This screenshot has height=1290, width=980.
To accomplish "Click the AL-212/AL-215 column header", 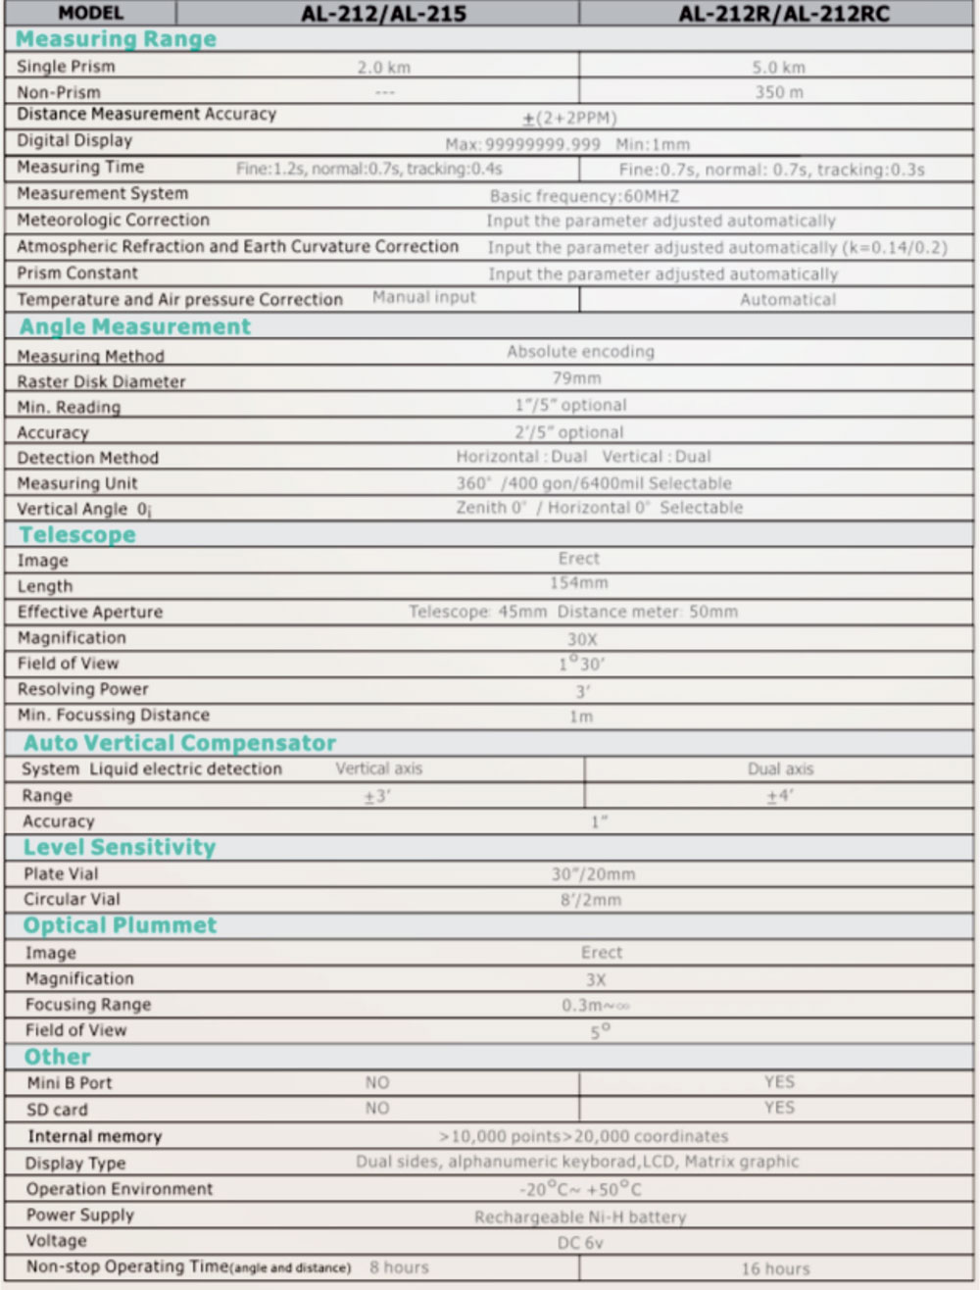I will click(x=383, y=14).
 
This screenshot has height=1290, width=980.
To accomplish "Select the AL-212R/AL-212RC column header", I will click(x=783, y=14).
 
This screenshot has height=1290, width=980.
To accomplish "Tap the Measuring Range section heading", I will click(x=116, y=39).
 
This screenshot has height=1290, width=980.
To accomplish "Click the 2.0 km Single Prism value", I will click(x=383, y=68).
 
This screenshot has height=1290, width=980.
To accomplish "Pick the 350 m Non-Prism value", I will click(x=778, y=92).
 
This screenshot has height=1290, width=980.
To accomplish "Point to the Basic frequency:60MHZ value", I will click(x=584, y=196).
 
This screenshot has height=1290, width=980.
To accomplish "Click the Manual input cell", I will click(x=423, y=297).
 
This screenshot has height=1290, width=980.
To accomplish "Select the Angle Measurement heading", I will click(x=135, y=327).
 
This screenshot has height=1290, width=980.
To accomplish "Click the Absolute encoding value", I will click(x=580, y=352).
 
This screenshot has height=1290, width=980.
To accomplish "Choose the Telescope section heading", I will click(x=77, y=535).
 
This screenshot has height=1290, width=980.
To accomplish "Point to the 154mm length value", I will click(x=578, y=583).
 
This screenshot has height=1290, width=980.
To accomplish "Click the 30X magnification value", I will click(x=581, y=639).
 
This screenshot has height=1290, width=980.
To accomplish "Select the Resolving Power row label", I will click(x=83, y=689).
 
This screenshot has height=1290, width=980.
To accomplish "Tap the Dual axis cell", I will click(x=780, y=769).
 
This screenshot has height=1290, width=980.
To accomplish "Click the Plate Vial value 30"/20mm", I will click(x=593, y=874).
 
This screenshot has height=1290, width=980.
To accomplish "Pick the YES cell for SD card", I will click(x=779, y=1108).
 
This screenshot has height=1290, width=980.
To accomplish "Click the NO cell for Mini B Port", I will click(x=377, y=1083).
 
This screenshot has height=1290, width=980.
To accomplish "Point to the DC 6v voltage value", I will click(x=580, y=1243).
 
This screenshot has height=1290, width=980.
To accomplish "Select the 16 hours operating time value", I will click(x=775, y=1269).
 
